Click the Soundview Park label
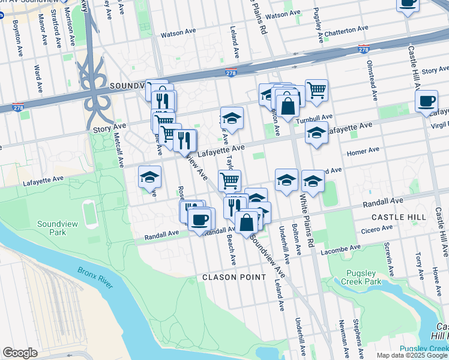point(51,227)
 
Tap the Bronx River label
point(95,278)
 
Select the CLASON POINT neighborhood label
point(234,277)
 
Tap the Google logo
point(20,353)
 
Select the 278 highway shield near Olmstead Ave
point(363,48)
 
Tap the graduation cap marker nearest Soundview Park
point(149,176)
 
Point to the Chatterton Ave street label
point(347,29)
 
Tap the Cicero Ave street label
point(376,228)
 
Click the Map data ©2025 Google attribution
point(412,355)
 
